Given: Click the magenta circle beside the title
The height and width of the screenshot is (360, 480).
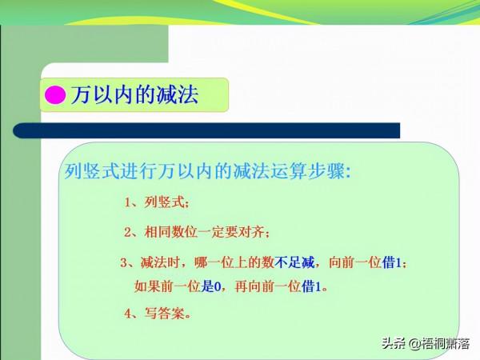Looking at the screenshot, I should click(55, 95).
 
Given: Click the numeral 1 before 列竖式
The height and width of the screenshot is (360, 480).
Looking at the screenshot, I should click(128, 202).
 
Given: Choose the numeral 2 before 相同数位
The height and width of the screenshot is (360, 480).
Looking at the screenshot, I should click(128, 232).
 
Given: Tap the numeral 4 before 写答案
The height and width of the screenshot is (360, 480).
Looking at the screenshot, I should click(128, 313).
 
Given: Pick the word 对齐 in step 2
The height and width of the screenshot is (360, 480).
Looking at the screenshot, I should click(254, 232).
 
